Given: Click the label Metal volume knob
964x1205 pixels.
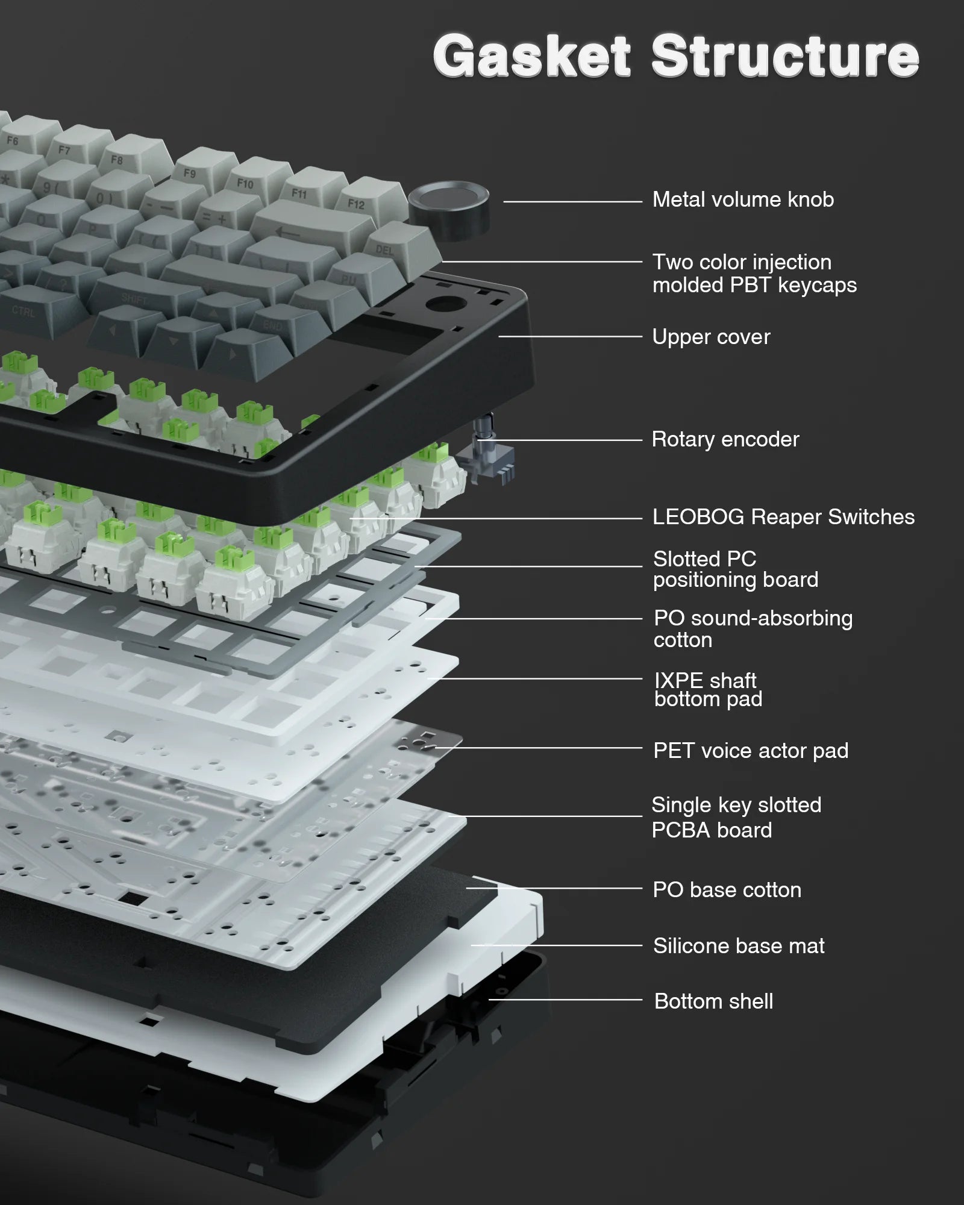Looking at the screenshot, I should coord(743,199).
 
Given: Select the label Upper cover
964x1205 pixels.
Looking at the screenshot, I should coord(711,337).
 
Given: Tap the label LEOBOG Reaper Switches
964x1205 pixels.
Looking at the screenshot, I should coord(783,517).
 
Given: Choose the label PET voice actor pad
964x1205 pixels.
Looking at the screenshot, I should coord(751,751).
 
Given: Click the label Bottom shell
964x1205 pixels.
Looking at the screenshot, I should coord(713,1001).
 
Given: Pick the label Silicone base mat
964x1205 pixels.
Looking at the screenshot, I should coord(739,946).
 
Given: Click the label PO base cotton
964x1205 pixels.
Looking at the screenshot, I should coord(727,890).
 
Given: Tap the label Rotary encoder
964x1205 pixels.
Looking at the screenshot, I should coord(725,439).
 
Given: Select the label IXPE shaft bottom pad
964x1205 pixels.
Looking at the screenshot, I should coord(708,689).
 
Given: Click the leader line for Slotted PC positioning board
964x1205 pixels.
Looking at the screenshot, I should coord(530,566).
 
